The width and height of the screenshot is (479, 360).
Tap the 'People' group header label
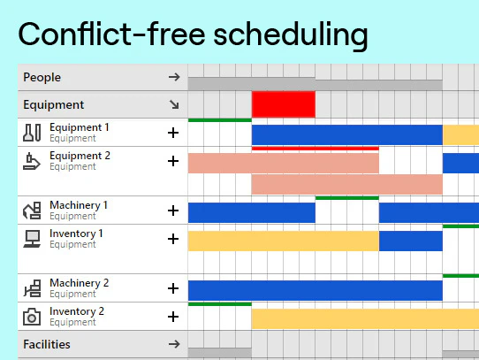click(42, 77)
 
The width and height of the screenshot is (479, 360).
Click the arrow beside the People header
click(173, 77)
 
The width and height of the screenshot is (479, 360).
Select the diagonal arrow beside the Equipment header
click(173, 104)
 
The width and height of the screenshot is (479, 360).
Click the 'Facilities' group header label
click(47, 344)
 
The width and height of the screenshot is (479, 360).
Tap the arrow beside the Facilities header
click(173, 344)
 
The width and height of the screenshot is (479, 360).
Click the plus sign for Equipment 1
click(173, 133)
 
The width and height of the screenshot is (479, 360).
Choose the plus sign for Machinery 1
click(173, 211)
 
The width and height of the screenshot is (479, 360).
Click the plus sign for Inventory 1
click(173, 239)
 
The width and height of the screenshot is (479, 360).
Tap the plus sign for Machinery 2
click(173, 288)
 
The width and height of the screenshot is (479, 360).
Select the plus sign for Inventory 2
click(173, 317)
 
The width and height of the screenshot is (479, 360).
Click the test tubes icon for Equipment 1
click(33, 133)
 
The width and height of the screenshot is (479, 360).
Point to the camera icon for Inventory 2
click(33, 317)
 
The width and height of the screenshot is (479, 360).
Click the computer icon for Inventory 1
click(33, 238)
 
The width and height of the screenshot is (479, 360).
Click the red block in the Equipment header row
click(283, 104)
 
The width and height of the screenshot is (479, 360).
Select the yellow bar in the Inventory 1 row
click(283, 241)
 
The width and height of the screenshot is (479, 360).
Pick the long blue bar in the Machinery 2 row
click(315, 290)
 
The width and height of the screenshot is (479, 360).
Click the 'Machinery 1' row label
click(79, 205)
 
